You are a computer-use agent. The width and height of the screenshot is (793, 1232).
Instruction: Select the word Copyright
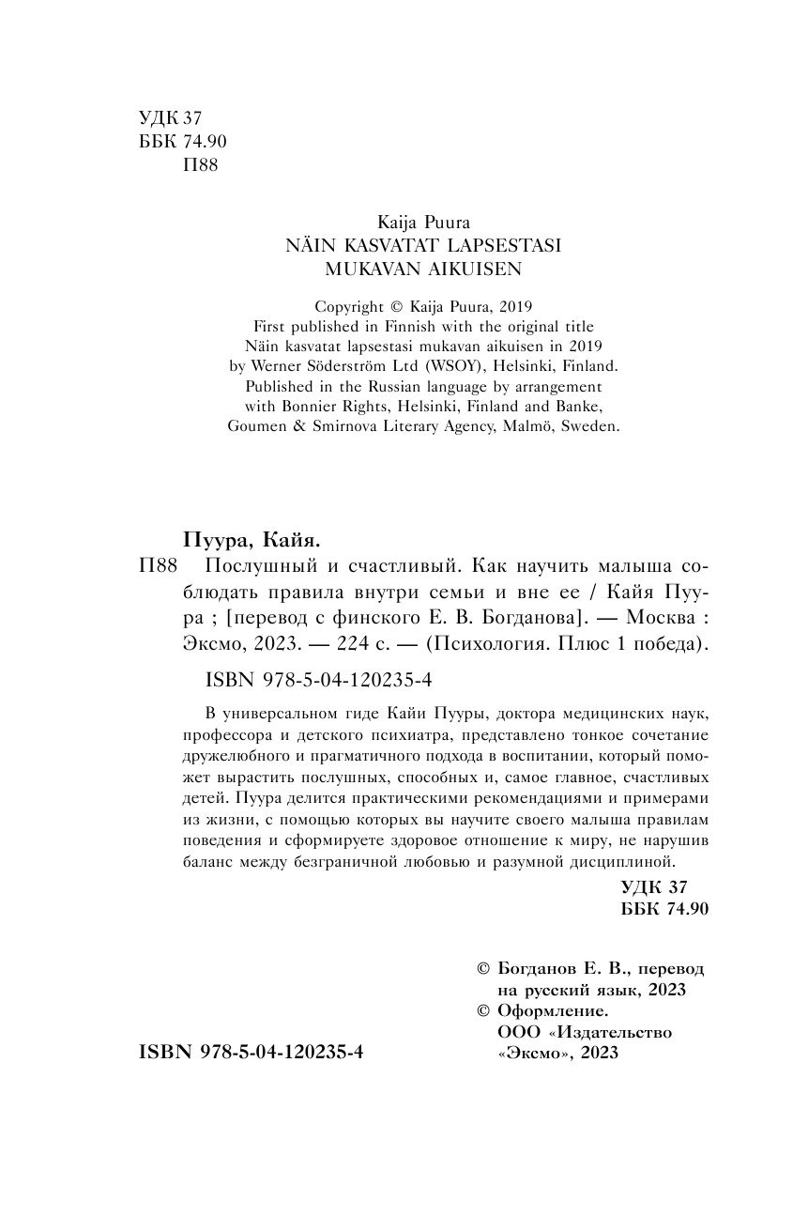(x=350, y=306)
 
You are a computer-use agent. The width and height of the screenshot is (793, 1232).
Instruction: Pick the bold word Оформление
(x=552, y=1010)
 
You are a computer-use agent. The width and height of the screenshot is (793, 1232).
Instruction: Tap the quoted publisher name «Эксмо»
(x=532, y=1053)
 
